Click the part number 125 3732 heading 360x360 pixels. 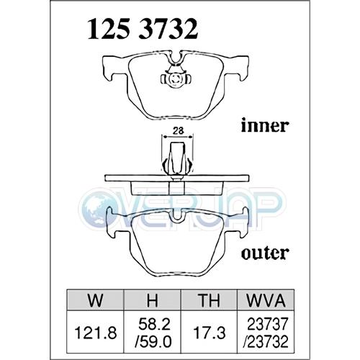pos(143,29)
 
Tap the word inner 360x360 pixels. pos(264,125)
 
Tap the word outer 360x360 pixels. pos(264,253)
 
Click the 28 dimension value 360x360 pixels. pos(178,130)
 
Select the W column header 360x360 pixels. pos(96,300)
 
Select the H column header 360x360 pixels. pos(152,300)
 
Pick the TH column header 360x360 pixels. pos(209,300)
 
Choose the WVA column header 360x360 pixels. pos(266,300)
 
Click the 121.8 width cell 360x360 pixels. pos(96,333)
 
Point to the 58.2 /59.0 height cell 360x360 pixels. pos(153,333)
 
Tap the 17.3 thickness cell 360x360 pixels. pos(210,333)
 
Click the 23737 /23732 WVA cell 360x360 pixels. pos(267,333)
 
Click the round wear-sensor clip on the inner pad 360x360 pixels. pos(175,78)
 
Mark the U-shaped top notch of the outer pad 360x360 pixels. pos(176,215)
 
